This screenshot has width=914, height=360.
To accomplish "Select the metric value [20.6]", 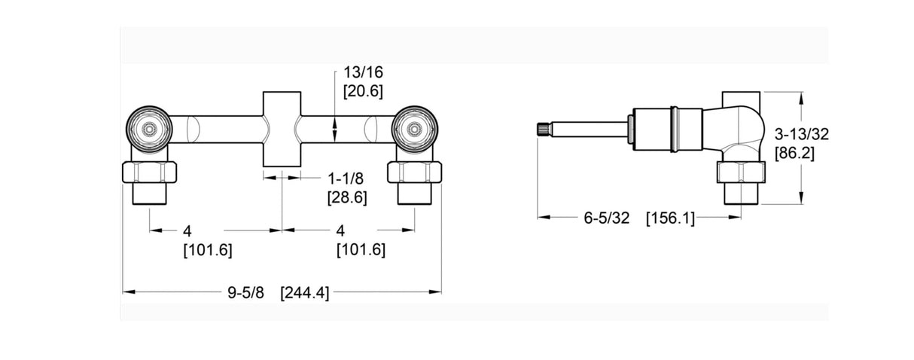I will coord(364,91).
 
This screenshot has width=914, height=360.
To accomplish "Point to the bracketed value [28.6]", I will coord(347,198).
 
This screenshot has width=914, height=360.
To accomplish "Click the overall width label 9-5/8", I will coord(245,293).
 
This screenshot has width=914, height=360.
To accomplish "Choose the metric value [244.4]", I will coord(304,293).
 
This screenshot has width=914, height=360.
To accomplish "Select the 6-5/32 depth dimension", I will coord(606,218).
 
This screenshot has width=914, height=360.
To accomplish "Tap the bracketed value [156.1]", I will coord(670,218).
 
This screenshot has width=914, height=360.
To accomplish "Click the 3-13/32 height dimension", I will coord(802,135).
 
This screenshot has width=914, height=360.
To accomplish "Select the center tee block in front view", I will coord(282,130).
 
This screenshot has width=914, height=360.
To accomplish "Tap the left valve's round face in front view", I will coord(150,129).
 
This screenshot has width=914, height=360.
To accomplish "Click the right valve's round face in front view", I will coord(414,129).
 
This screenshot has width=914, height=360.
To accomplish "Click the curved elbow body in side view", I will coord(734,128).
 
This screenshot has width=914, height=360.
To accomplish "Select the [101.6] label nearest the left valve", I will coord(207,250).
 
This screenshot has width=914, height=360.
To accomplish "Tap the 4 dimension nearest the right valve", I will coord(340,230).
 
